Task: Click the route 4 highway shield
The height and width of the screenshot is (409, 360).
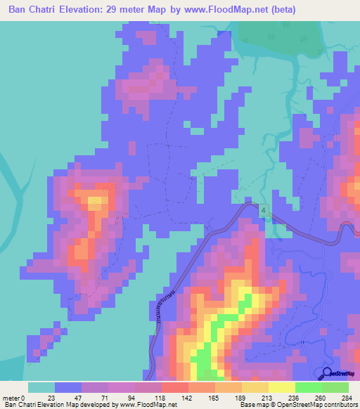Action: (263, 210)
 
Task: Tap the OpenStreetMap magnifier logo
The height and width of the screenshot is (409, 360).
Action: (327, 373)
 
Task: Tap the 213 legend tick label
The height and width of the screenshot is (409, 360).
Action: (268, 398)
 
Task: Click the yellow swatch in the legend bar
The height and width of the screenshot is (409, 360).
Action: (281, 387)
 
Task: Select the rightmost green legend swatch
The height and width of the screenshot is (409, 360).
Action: (335, 387)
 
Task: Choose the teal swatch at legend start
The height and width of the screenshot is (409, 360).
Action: (41, 387)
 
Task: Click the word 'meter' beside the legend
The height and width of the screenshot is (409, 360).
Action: (11, 398)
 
